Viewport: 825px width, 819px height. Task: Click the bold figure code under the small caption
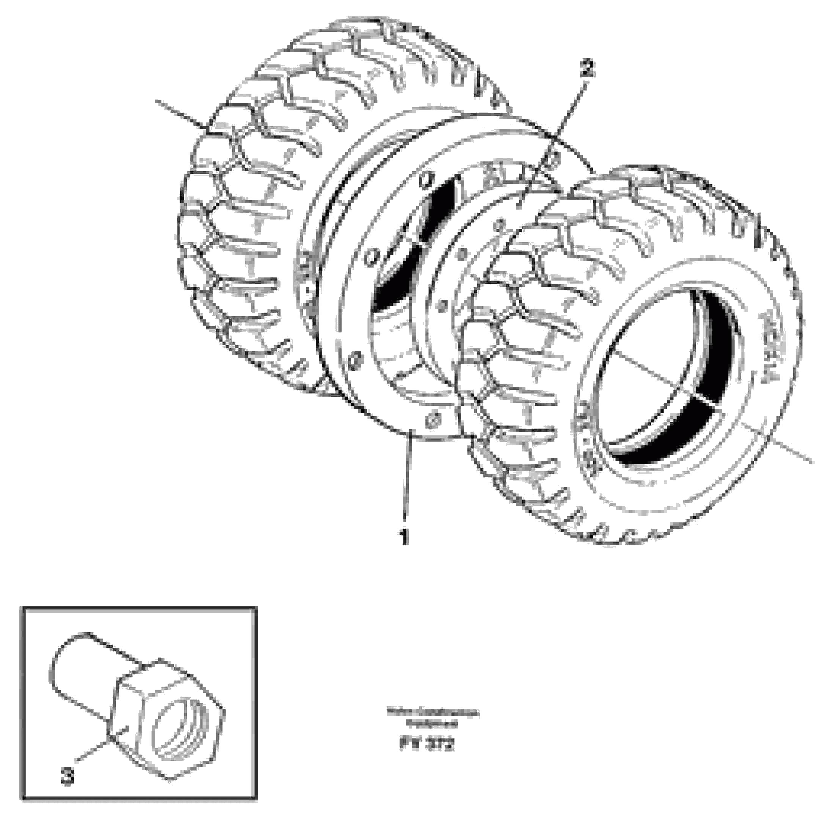pos(427,745)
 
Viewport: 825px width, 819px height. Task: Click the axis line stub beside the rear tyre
pos(179,113)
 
